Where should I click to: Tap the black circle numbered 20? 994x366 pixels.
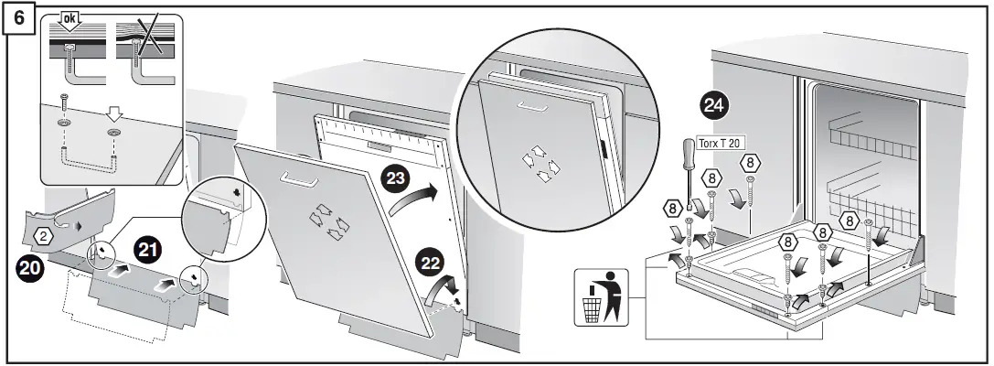pos(33,272)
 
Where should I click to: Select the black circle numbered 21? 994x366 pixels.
pos(149,248)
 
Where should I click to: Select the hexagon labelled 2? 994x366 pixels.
pos(46,236)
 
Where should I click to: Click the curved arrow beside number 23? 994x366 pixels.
pos(413,198)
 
